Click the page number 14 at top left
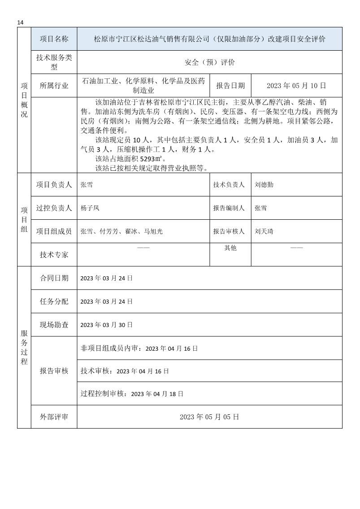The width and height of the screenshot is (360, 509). click(x=20, y=22)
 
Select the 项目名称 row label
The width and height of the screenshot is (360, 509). click(x=54, y=39)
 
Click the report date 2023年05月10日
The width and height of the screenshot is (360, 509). click(x=296, y=86)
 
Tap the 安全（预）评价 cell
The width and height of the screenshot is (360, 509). click(x=209, y=62)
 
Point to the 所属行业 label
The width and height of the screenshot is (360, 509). click(x=54, y=86)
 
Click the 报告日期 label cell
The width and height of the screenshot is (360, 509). click(x=230, y=86)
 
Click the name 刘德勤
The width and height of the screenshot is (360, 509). click(x=264, y=184)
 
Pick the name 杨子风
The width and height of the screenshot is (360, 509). click(x=90, y=208)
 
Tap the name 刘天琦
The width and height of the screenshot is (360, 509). click(x=264, y=231)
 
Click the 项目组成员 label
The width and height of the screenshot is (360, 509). click(x=54, y=231)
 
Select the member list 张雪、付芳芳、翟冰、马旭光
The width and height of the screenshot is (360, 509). click(x=121, y=231)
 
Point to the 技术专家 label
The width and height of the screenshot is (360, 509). click(x=54, y=255)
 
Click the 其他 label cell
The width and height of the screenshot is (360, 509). click(x=230, y=248)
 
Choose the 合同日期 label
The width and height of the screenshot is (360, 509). click(x=54, y=278)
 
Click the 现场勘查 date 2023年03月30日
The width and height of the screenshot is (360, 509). click(x=106, y=325)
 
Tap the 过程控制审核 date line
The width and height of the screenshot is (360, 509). click(x=132, y=394)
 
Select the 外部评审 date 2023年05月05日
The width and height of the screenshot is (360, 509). click(x=209, y=417)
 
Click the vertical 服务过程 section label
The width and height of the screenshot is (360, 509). click(x=24, y=347)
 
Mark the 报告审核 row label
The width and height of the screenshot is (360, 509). click(x=54, y=371)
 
